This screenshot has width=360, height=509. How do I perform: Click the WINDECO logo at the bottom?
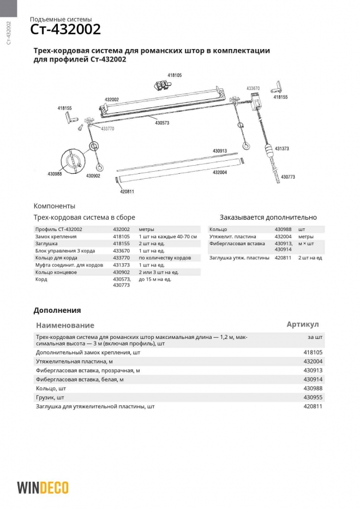pos(43,487)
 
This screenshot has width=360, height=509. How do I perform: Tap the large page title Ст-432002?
pos(65,29)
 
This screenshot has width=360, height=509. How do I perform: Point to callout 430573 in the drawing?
pos(162,123)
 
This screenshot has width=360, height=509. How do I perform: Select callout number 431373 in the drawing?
pos(282,148)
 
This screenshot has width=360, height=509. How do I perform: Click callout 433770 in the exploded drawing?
pos(107,129)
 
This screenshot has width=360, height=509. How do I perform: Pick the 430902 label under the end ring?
pos(93,175)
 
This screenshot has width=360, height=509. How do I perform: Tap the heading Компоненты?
pos(55,206)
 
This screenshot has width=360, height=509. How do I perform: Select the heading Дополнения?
pos(57,310)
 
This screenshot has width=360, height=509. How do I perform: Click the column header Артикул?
pos(303,324)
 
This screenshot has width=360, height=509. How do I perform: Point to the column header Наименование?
pos(65,325)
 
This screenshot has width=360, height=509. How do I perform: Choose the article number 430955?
pos(313,397)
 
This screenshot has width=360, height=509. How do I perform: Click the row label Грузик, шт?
pos(50,397)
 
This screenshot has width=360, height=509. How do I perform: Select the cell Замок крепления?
pos(56,237)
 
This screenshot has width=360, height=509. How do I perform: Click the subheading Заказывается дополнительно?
pos(268,217)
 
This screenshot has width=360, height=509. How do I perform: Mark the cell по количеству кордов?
pos(164,258)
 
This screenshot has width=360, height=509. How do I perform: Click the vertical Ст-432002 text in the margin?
pos(8,34)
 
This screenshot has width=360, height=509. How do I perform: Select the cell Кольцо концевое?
pos(56,272)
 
